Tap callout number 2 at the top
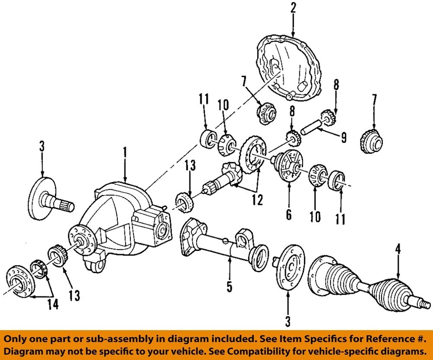(293, 7)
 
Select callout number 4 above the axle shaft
(398, 249)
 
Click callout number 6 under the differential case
(289, 214)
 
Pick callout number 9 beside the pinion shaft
(344, 137)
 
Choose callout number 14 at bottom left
(53, 305)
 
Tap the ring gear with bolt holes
(253, 155)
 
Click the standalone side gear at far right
(373, 141)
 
